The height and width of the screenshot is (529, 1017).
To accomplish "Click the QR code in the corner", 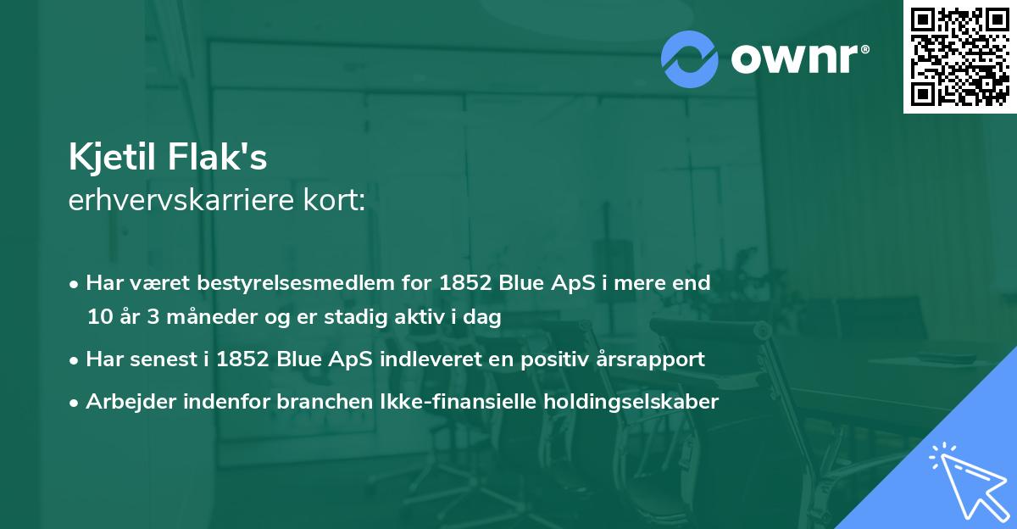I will [x=959, y=56].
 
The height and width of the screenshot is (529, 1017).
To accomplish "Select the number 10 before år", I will [x=98, y=318].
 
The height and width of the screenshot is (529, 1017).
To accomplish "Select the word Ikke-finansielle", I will [x=436, y=401].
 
